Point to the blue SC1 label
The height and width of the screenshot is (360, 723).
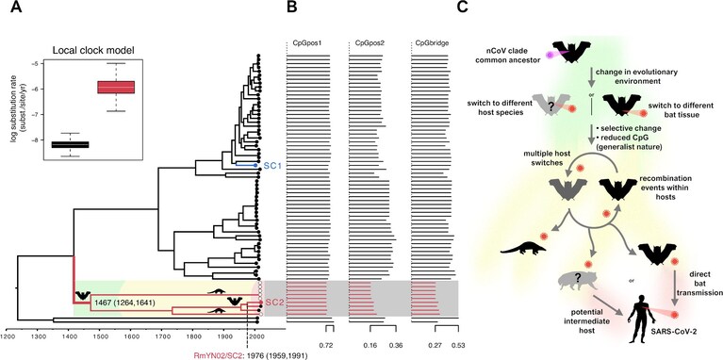(271, 166)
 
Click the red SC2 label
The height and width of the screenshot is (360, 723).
(272, 303)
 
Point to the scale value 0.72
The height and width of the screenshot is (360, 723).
(326, 345)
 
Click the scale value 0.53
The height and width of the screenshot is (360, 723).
(458, 345)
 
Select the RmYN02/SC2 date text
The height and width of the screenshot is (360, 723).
(252, 356)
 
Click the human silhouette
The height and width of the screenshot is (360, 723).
(641, 317)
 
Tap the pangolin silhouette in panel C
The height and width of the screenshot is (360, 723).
(523, 248)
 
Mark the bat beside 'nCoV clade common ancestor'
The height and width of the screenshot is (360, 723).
(572, 52)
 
